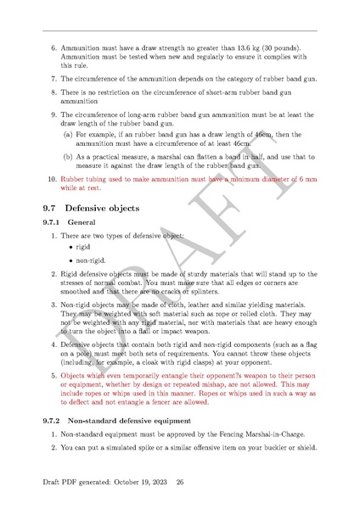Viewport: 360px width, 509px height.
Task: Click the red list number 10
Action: coord(51,180)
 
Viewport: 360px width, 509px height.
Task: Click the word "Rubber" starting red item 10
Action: coord(74,180)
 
